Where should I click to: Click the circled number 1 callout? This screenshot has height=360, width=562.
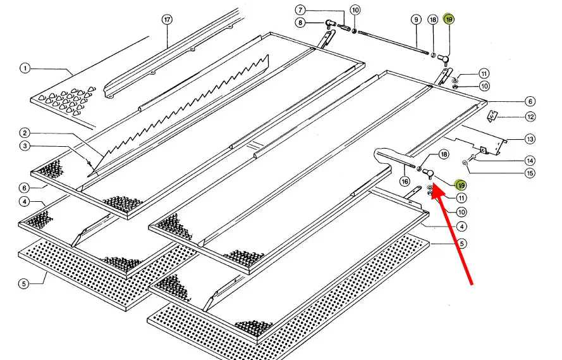[25, 68]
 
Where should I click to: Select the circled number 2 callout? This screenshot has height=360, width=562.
[25, 133]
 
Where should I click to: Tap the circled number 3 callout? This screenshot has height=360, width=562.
[25, 147]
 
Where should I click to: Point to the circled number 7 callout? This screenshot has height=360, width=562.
[300, 10]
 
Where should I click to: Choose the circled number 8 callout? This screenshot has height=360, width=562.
[300, 23]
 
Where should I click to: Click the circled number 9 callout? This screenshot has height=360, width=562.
[416, 20]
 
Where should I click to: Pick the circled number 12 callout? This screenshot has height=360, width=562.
[530, 116]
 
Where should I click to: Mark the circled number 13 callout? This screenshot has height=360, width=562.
[530, 139]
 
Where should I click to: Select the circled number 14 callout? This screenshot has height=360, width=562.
[530, 161]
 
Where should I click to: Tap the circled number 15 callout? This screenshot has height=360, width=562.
[530, 173]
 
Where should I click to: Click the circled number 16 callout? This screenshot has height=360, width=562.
[405, 182]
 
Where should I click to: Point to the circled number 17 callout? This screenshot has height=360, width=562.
[167, 20]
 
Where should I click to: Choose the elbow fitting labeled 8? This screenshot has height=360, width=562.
[329, 23]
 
